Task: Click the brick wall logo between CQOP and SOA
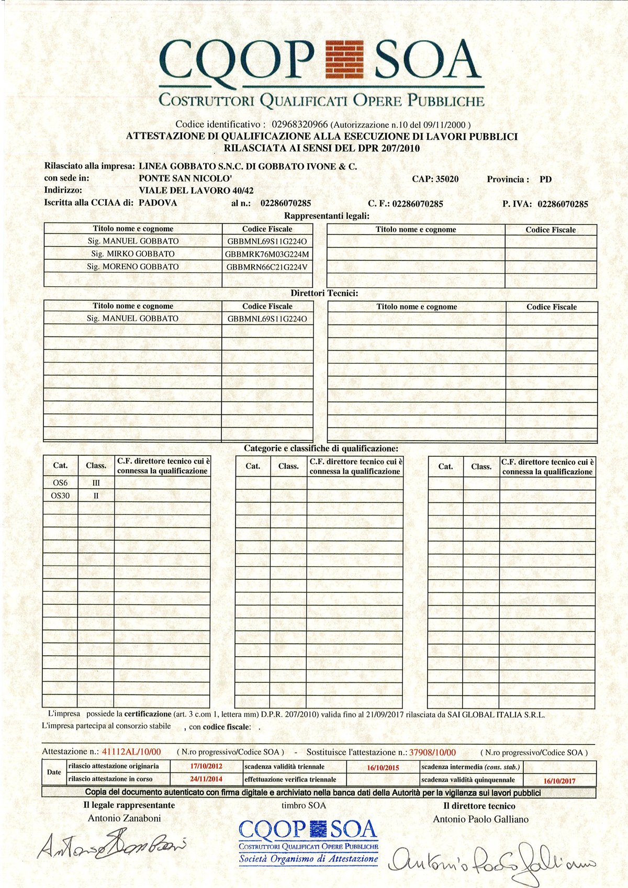click(344, 59)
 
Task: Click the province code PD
click(545, 179)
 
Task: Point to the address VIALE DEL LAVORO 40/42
click(196, 190)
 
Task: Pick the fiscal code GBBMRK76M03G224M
click(267, 254)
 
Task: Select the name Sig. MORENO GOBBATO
click(133, 267)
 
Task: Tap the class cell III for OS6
click(96, 483)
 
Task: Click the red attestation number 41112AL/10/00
click(131, 752)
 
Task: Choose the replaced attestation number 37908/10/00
click(432, 752)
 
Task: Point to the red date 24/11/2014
click(206, 779)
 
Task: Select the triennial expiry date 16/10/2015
click(383, 768)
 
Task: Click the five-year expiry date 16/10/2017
click(559, 781)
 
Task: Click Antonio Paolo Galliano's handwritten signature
click(492, 859)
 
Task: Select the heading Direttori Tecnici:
click(324, 293)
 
